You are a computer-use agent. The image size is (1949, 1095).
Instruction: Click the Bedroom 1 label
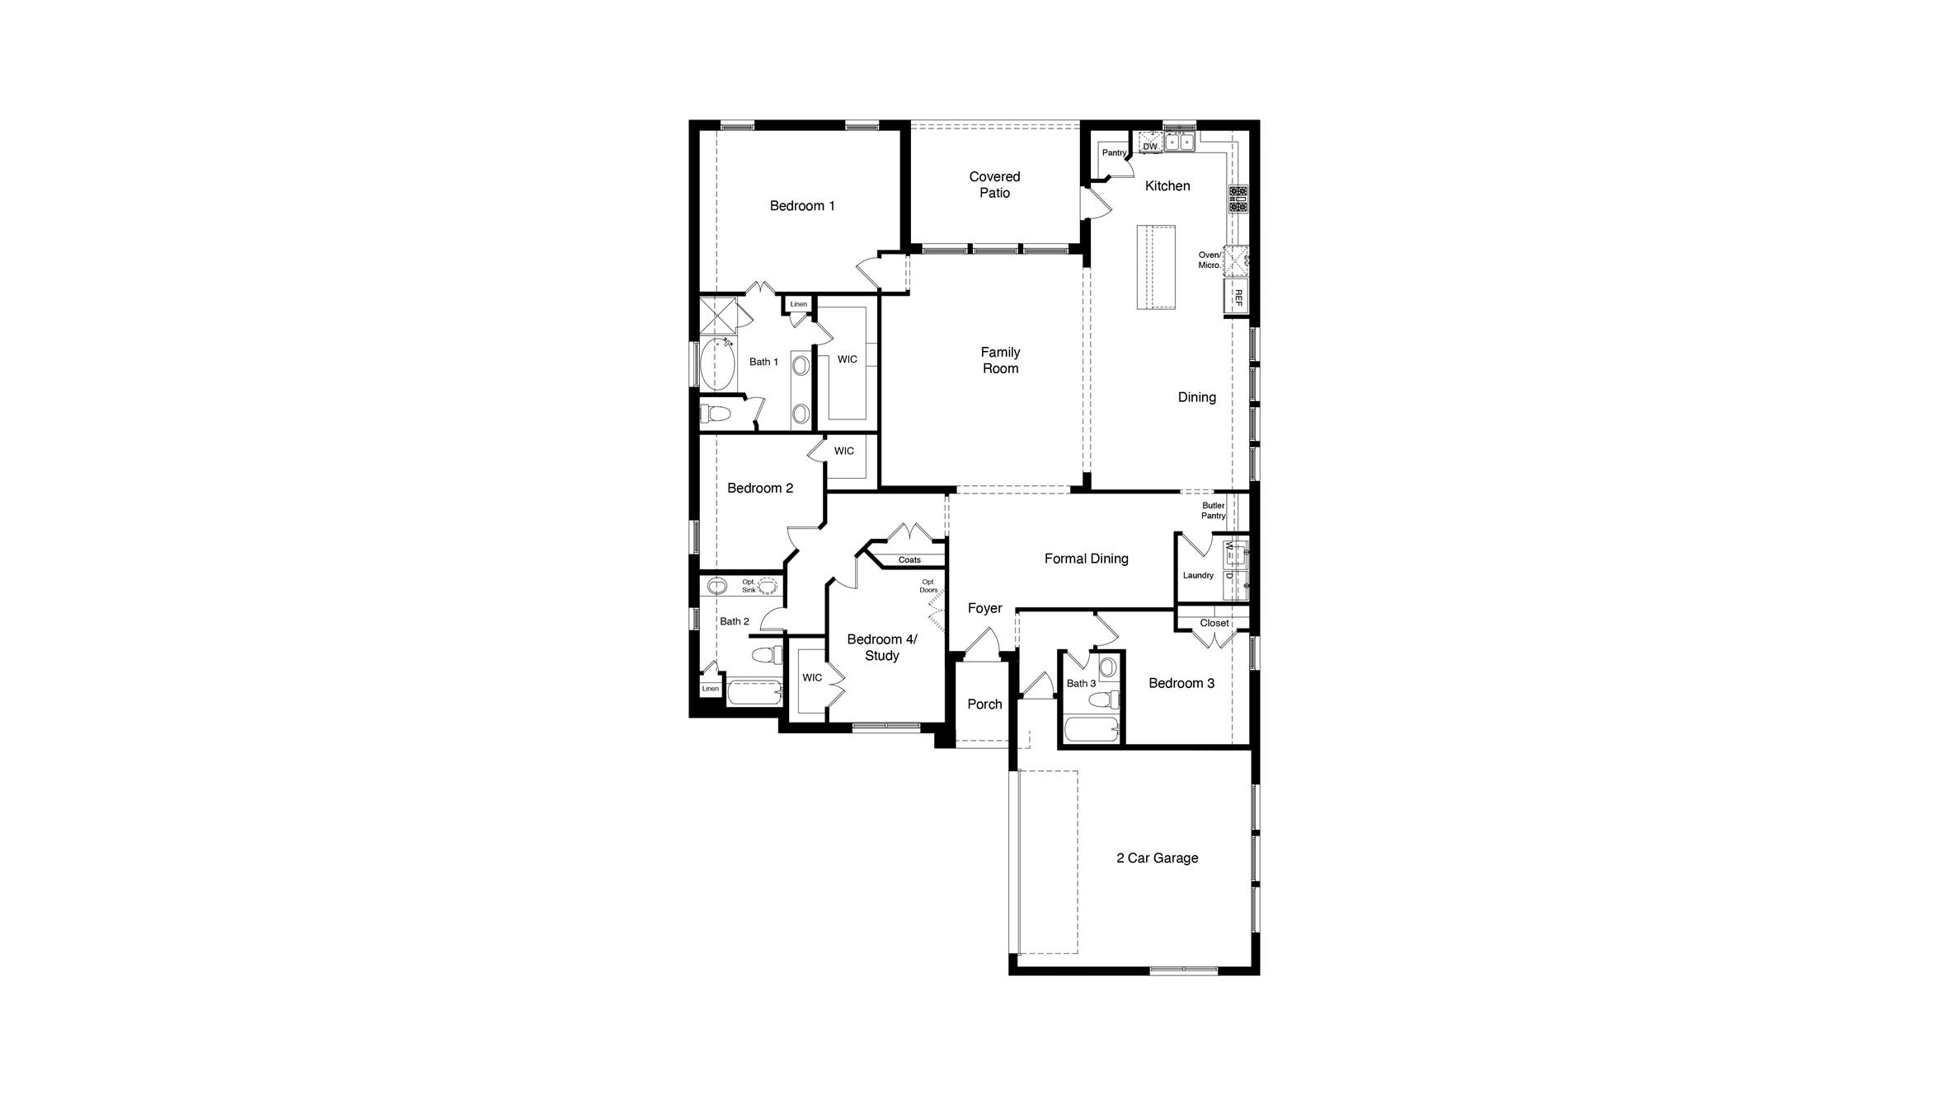(802, 206)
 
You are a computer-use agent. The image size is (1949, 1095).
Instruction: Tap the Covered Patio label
(994, 185)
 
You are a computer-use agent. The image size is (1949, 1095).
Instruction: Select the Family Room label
(1000, 360)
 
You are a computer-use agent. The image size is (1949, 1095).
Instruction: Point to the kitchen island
(1156, 267)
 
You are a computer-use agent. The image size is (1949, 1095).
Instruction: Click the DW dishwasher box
(1150, 146)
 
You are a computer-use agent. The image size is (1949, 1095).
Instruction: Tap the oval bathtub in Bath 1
(719, 363)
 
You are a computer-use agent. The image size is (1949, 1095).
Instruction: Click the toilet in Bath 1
(714, 413)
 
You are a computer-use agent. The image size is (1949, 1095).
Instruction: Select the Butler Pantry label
(1213, 511)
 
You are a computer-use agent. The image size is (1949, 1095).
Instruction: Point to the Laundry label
(1198, 575)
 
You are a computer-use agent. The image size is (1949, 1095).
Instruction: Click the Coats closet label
(909, 560)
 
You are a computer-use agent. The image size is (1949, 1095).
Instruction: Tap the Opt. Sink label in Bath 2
(749, 586)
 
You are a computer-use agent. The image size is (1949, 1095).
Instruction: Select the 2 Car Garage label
(1157, 859)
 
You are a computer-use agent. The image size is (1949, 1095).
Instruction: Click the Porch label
(984, 704)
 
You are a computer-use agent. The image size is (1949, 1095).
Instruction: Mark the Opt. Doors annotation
(928, 586)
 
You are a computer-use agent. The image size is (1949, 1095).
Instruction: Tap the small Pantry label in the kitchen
(1114, 153)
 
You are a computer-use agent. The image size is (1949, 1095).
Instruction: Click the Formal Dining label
(1086, 559)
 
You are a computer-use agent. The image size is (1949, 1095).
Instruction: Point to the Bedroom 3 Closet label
(1214, 623)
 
